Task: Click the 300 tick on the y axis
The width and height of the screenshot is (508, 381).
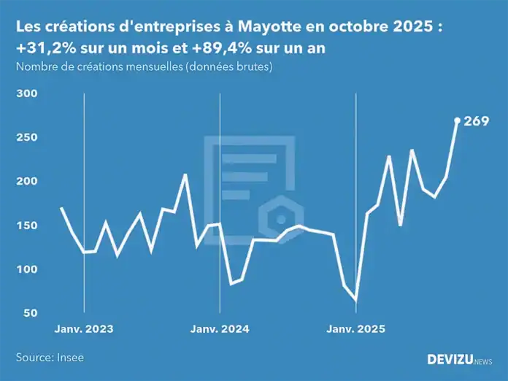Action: coord(26,94)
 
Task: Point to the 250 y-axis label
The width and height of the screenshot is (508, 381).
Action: coord(26,138)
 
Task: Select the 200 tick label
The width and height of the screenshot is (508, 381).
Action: coord(26,182)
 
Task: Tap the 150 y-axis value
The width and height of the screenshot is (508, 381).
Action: coord(26,226)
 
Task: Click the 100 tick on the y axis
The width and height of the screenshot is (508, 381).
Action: coord(26,269)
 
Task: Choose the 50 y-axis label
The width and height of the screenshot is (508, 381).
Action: coord(29,313)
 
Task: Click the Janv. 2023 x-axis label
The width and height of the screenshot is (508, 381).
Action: coord(84,329)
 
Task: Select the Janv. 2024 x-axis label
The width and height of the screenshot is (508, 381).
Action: coord(220,329)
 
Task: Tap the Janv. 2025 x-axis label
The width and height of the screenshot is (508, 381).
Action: coord(355,329)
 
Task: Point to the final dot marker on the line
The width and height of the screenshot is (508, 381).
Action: coord(458,120)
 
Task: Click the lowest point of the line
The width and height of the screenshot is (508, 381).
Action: coord(355,300)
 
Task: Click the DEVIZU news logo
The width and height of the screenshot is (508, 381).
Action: coord(459,359)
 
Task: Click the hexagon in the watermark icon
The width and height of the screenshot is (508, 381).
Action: coord(280,218)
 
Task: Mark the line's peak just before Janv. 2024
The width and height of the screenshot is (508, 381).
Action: coord(185,174)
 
